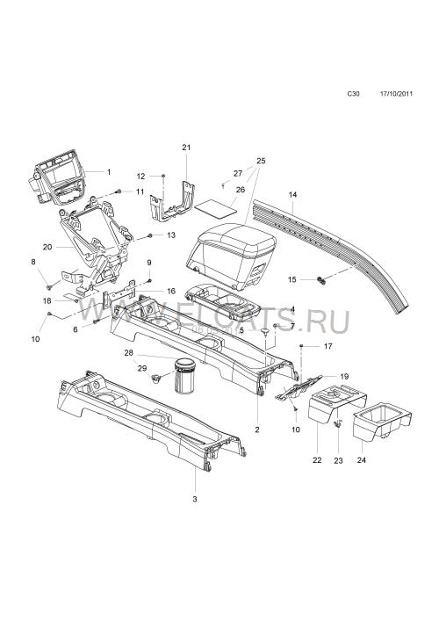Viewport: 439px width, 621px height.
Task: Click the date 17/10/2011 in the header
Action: click(396, 94)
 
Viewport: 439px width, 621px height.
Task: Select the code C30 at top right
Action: click(354, 94)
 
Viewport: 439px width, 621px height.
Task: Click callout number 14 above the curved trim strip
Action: click(292, 194)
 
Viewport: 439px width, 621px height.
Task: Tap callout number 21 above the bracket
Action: click(186, 148)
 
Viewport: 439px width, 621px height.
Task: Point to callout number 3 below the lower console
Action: click(195, 500)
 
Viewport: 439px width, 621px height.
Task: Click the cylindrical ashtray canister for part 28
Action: click(184, 376)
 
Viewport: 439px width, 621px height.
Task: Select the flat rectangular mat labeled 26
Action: click(216, 208)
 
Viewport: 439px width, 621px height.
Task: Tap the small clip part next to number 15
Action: click(321, 280)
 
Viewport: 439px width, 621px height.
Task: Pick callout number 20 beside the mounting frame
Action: click(47, 247)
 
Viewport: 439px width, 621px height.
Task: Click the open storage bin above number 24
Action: click(382, 421)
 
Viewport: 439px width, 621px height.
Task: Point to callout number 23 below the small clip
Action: click(338, 460)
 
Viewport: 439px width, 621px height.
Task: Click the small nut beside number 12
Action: click(163, 176)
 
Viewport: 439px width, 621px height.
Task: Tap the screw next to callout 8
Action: click(49, 286)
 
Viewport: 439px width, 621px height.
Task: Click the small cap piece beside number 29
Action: click(155, 378)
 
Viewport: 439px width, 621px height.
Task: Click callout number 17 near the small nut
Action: click(328, 346)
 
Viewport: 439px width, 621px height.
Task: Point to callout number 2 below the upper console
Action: click(257, 430)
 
